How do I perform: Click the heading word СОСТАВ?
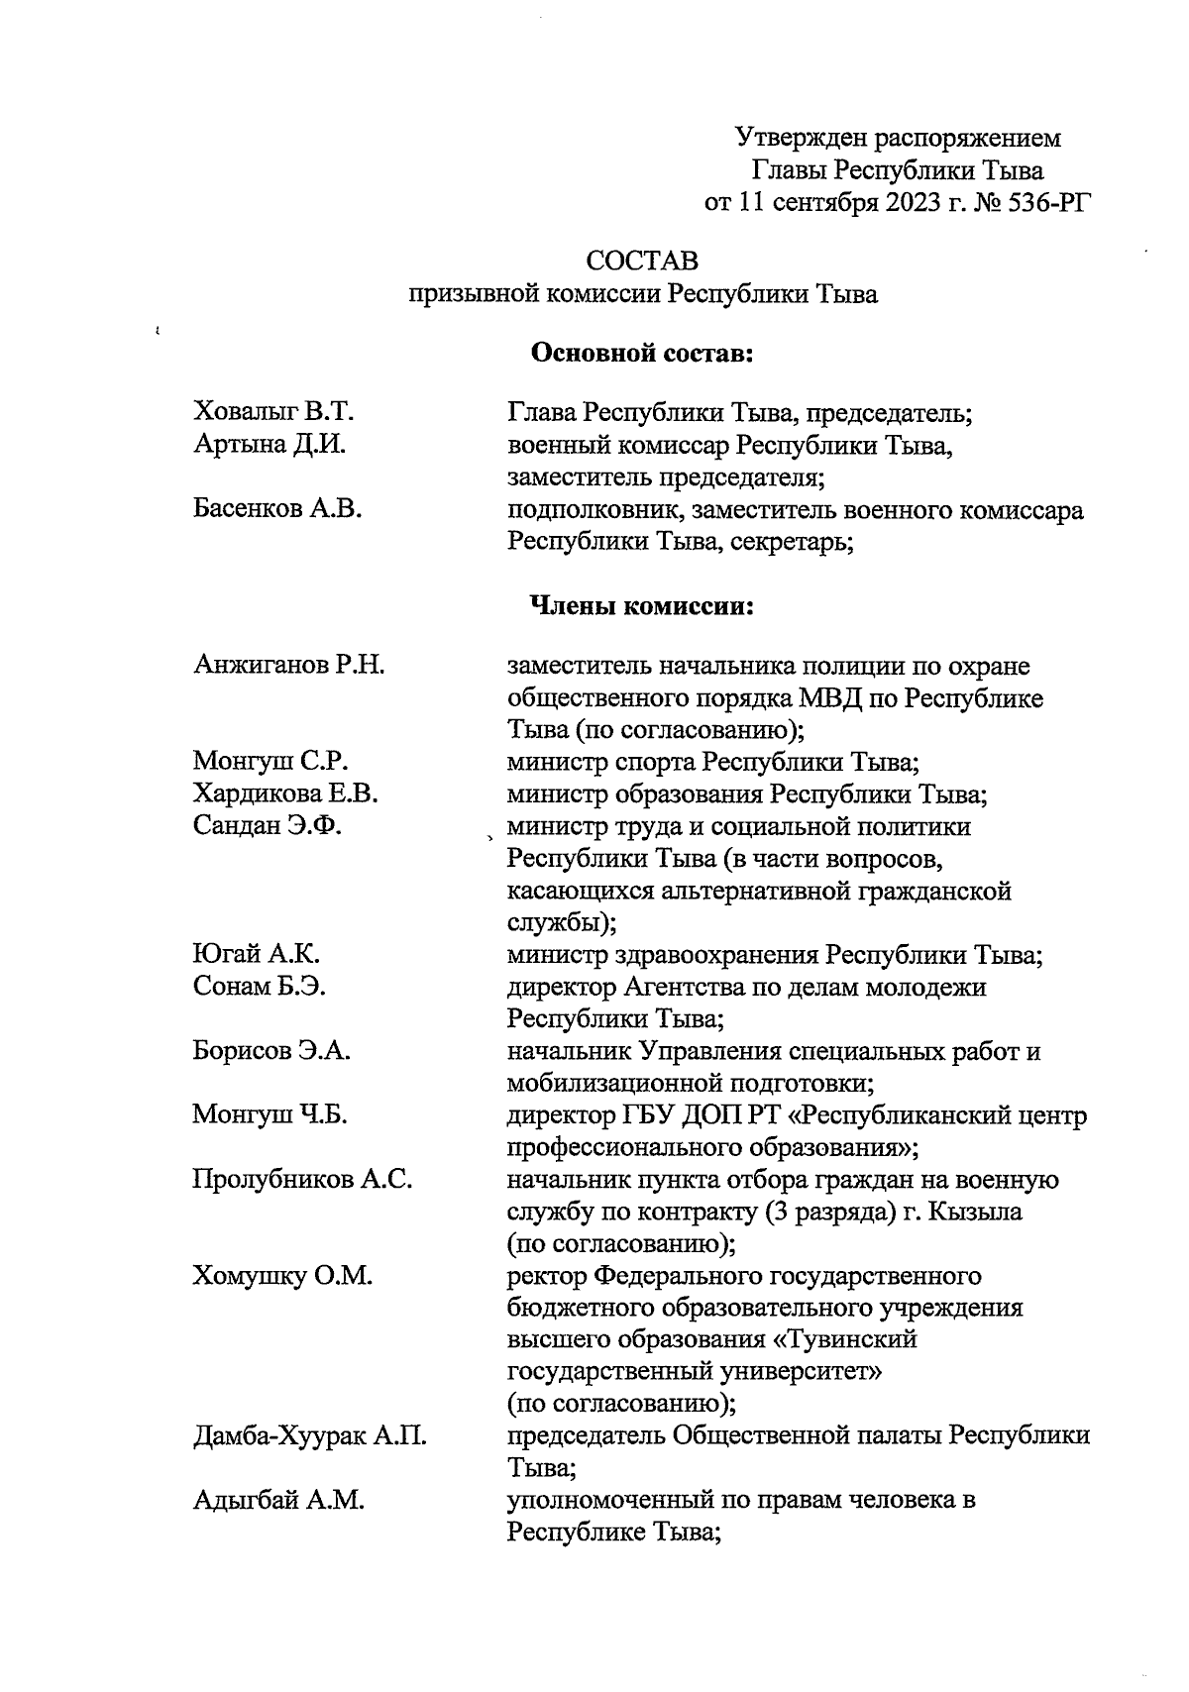[x=642, y=262]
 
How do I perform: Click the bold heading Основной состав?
[x=644, y=352]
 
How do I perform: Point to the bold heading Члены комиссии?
[x=643, y=606]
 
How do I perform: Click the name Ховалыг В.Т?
[x=273, y=412]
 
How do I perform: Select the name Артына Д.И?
[x=269, y=445]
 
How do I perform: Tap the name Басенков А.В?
[x=277, y=509]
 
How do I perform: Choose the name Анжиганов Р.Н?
[x=288, y=665]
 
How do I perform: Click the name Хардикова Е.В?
[x=285, y=793]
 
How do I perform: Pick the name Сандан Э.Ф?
[x=268, y=826]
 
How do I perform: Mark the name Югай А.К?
[x=256, y=955]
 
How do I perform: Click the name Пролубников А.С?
[x=302, y=1180]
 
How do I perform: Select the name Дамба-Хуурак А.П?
[x=309, y=1436]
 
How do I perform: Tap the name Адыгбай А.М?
[x=278, y=1501]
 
